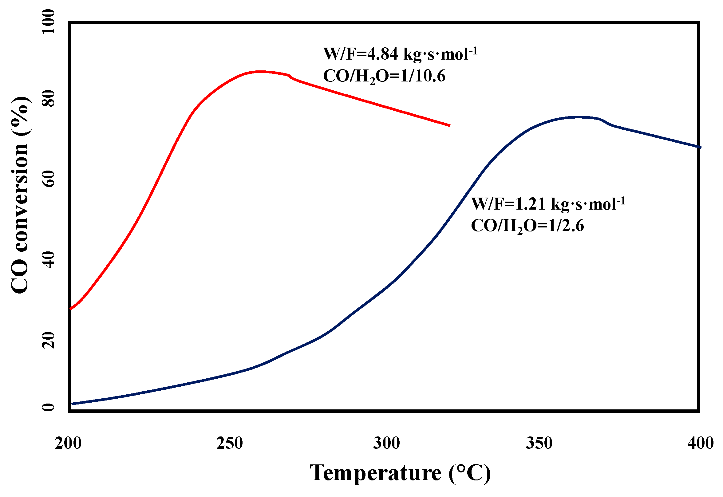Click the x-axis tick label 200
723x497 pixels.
68,443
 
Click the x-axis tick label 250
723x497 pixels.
230,443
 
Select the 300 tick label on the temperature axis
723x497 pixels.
386,443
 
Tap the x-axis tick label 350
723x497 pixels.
539,443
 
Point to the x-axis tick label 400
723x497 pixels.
701,443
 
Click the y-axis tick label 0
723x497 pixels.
48,407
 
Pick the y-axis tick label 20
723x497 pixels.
48,340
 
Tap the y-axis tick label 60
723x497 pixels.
48,179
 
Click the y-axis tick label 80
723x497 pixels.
48,98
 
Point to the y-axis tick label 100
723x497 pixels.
48,22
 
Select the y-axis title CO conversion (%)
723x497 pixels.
20,195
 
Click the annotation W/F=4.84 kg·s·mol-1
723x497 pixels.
401,54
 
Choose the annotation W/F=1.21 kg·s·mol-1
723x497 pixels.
548,204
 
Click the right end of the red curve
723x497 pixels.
450,125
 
